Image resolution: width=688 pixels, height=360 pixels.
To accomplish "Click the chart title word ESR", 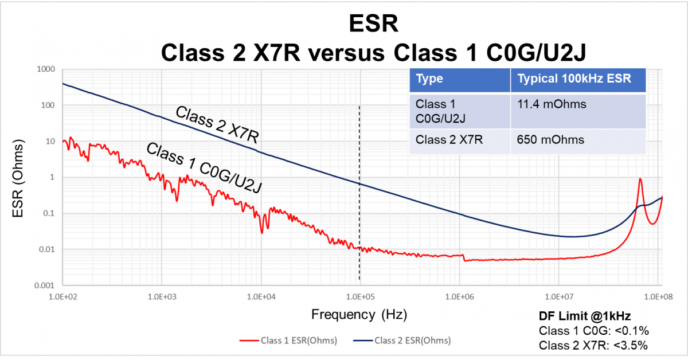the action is (x=373, y=24).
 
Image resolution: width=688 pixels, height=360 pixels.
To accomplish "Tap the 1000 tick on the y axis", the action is (x=46, y=69).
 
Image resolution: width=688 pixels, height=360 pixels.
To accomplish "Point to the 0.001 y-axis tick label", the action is (x=45, y=285).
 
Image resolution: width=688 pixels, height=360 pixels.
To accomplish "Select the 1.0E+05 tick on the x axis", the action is (x=360, y=297).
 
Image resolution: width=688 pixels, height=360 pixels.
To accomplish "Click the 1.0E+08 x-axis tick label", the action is (x=658, y=297).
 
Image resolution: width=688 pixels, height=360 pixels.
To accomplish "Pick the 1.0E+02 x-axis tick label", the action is (x=63, y=297).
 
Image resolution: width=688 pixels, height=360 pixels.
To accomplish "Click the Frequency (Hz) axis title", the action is (x=359, y=315).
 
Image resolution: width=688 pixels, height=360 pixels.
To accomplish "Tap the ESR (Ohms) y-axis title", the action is (x=18, y=178).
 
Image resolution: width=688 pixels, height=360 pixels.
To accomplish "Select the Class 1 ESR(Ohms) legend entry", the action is (x=288, y=341).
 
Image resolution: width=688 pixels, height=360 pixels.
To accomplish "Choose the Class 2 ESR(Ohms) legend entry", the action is (x=402, y=341).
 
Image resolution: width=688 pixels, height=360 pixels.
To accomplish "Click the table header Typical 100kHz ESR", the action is (x=574, y=79).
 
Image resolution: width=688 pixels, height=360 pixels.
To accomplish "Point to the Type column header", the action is (x=429, y=79).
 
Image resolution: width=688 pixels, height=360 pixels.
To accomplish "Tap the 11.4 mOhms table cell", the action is (x=552, y=104).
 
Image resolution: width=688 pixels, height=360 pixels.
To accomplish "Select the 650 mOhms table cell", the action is (x=550, y=140).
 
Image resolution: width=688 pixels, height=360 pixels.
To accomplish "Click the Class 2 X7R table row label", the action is (x=449, y=140).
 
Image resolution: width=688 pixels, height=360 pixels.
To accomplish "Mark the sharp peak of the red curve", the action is (x=640, y=178).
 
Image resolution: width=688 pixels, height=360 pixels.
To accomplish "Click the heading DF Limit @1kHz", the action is (x=585, y=316).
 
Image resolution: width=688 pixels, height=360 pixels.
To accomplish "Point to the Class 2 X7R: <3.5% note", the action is (x=593, y=346).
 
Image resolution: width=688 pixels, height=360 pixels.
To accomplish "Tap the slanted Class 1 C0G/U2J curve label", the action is (x=204, y=168).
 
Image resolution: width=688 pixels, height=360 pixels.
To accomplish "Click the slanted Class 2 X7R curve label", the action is (x=217, y=125).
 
